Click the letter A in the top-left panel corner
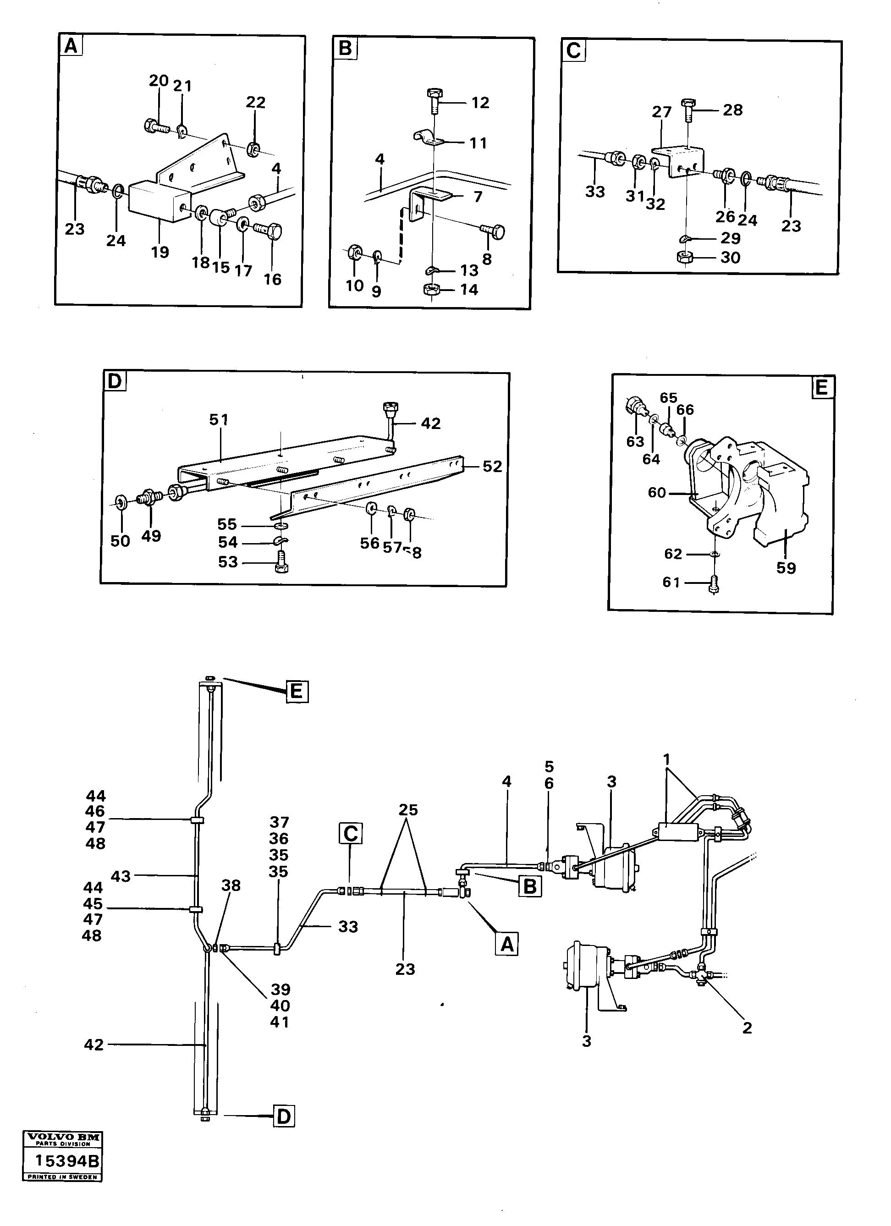71,46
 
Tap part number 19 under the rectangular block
160,253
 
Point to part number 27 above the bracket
661,112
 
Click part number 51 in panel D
219,419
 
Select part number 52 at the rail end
492,466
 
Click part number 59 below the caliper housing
786,568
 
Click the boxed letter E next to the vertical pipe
297,692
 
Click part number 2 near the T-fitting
747,1028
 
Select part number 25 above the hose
408,810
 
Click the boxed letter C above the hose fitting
350,834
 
